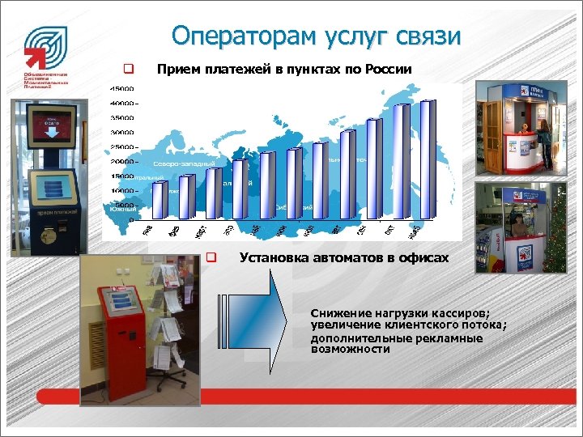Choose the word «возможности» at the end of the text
coord(350,350)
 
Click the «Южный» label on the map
coord(120,210)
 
